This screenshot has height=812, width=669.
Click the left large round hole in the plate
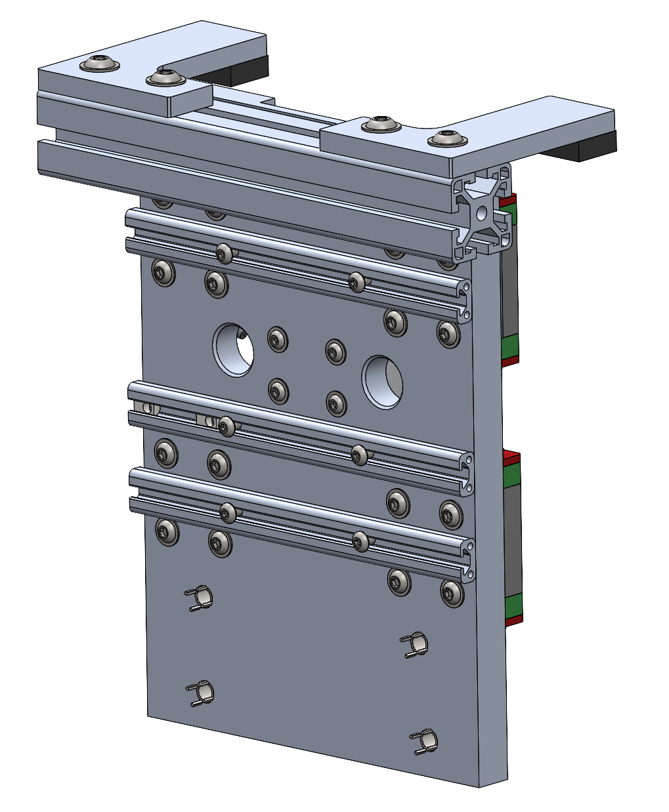(x=233, y=349)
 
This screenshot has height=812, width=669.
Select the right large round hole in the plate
(x=383, y=382)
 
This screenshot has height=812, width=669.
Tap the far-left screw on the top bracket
(x=100, y=64)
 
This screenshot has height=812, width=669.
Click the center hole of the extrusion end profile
(x=483, y=212)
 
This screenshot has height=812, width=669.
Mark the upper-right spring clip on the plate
(x=416, y=645)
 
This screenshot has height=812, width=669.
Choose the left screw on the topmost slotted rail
(x=225, y=253)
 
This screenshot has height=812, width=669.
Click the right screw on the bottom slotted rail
(x=360, y=542)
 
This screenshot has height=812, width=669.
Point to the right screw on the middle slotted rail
(x=358, y=454)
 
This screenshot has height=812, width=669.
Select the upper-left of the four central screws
(x=278, y=339)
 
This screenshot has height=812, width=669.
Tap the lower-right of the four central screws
(x=336, y=403)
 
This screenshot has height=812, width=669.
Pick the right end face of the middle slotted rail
(x=468, y=472)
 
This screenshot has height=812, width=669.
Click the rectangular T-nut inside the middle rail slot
(x=205, y=419)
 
